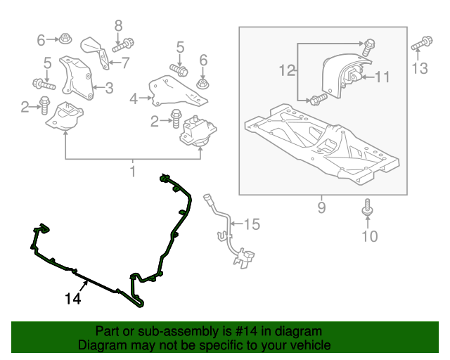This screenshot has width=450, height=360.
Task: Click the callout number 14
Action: click(73, 299)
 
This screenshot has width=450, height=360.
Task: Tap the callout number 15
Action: click(252, 224)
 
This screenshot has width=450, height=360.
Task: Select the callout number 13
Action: click(420, 69)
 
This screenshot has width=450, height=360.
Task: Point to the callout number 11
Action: click(382, 77)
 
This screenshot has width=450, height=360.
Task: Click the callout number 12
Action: click(287, 70)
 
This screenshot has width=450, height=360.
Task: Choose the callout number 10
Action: click(370, 236)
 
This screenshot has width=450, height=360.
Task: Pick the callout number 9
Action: click(322, 207)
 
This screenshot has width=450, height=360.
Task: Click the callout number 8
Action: click(118, 26)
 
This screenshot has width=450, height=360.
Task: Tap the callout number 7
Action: click(125, 63)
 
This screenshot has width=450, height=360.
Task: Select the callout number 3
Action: click(109, 88)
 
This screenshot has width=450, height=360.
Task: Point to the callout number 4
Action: click(134, 99)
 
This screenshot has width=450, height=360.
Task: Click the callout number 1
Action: click(133, 172)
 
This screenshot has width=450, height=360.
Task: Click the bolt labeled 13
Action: click(422, 43)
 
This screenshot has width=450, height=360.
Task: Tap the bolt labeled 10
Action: click(367, 207)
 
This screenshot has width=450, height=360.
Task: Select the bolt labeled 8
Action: click(123, 46)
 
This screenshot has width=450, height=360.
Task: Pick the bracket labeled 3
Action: click(77, 78)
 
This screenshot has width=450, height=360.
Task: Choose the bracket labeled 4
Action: click(177, 91)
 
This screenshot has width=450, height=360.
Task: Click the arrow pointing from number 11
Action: click(368, 77)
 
